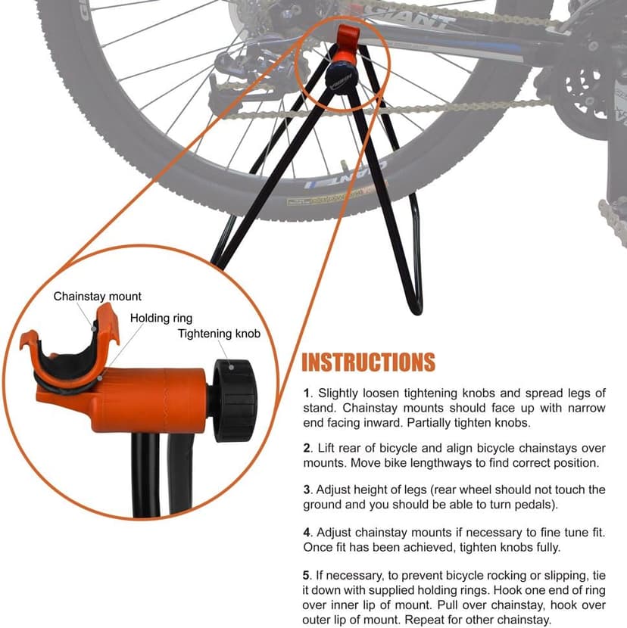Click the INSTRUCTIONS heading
tap(368, 362)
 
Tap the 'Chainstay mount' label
tap(97, 297)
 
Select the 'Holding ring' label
tap(161, 318)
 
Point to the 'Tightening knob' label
tap(219, 334)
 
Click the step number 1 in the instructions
tap(306, 393)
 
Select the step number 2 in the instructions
tap(306, 448)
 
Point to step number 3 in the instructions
tap(306, 490)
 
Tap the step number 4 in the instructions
tap(306, 532)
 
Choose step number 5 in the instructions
tap(306, 573)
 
